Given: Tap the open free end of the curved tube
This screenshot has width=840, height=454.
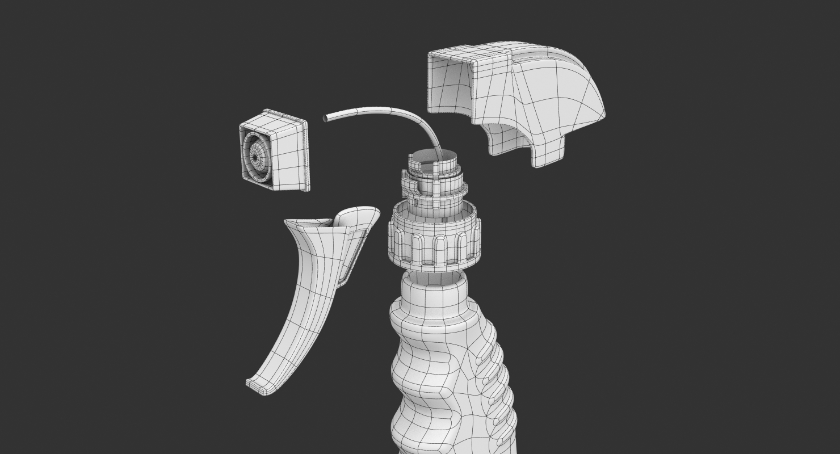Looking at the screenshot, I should [x=326, y=118].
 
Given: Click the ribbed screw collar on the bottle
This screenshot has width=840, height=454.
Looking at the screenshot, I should [x=434, y=241].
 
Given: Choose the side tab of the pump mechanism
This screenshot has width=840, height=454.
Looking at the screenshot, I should [x=408, y=184].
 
